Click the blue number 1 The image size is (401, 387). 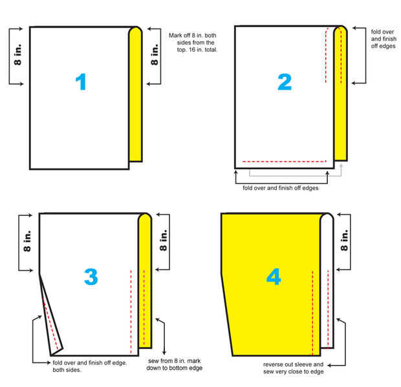click(x=81, y=82)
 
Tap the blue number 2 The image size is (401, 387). click(x=285, y=82)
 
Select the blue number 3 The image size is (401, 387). click(x=91, y=277)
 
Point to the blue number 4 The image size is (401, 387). click(x=274, y=277)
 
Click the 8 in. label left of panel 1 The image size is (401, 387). click(x=17, y=54)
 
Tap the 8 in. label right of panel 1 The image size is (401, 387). click(x=155, y=54)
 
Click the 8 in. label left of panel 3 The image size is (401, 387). click(x=27, y=241)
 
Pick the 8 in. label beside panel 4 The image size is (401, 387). click(x=344, y=240)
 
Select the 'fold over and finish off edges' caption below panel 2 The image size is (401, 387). click(x=281, y=188)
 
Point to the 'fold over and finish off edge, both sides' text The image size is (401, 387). click(x=89, y=366)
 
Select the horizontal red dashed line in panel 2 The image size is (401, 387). click(x=285, y=162)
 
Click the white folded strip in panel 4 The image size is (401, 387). click(x=327, y=281)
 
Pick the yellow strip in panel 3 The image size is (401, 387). click(x=145, y=281)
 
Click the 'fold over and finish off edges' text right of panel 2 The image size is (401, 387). click(x=384, y=39)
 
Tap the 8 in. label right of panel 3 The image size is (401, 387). click(x=163, y=240)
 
